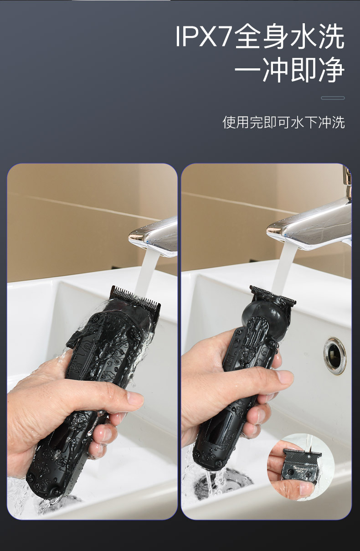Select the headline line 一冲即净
coord(289,70)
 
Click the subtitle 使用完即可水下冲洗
coord(283,122)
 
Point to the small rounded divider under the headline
coord(333,98)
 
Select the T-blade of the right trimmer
coord(273,295)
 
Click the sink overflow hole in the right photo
coord(334,355)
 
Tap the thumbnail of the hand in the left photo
coord(135,398)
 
